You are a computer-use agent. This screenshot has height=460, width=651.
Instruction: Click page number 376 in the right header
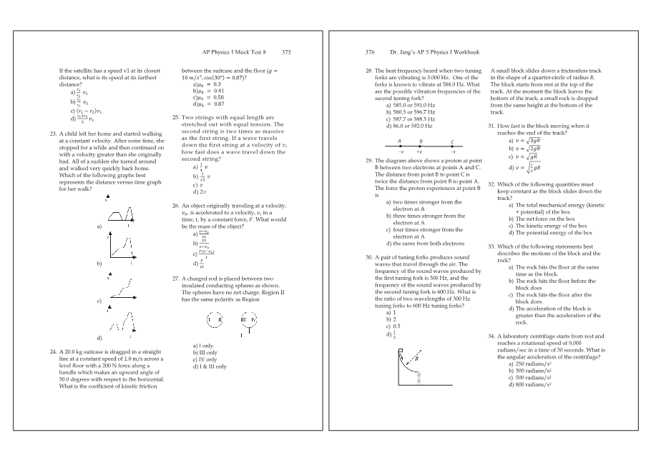tap(370, 52)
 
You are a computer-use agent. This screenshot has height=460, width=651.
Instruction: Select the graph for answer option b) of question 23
tap(121, 248)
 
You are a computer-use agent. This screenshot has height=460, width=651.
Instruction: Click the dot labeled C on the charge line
tap(452, 146)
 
